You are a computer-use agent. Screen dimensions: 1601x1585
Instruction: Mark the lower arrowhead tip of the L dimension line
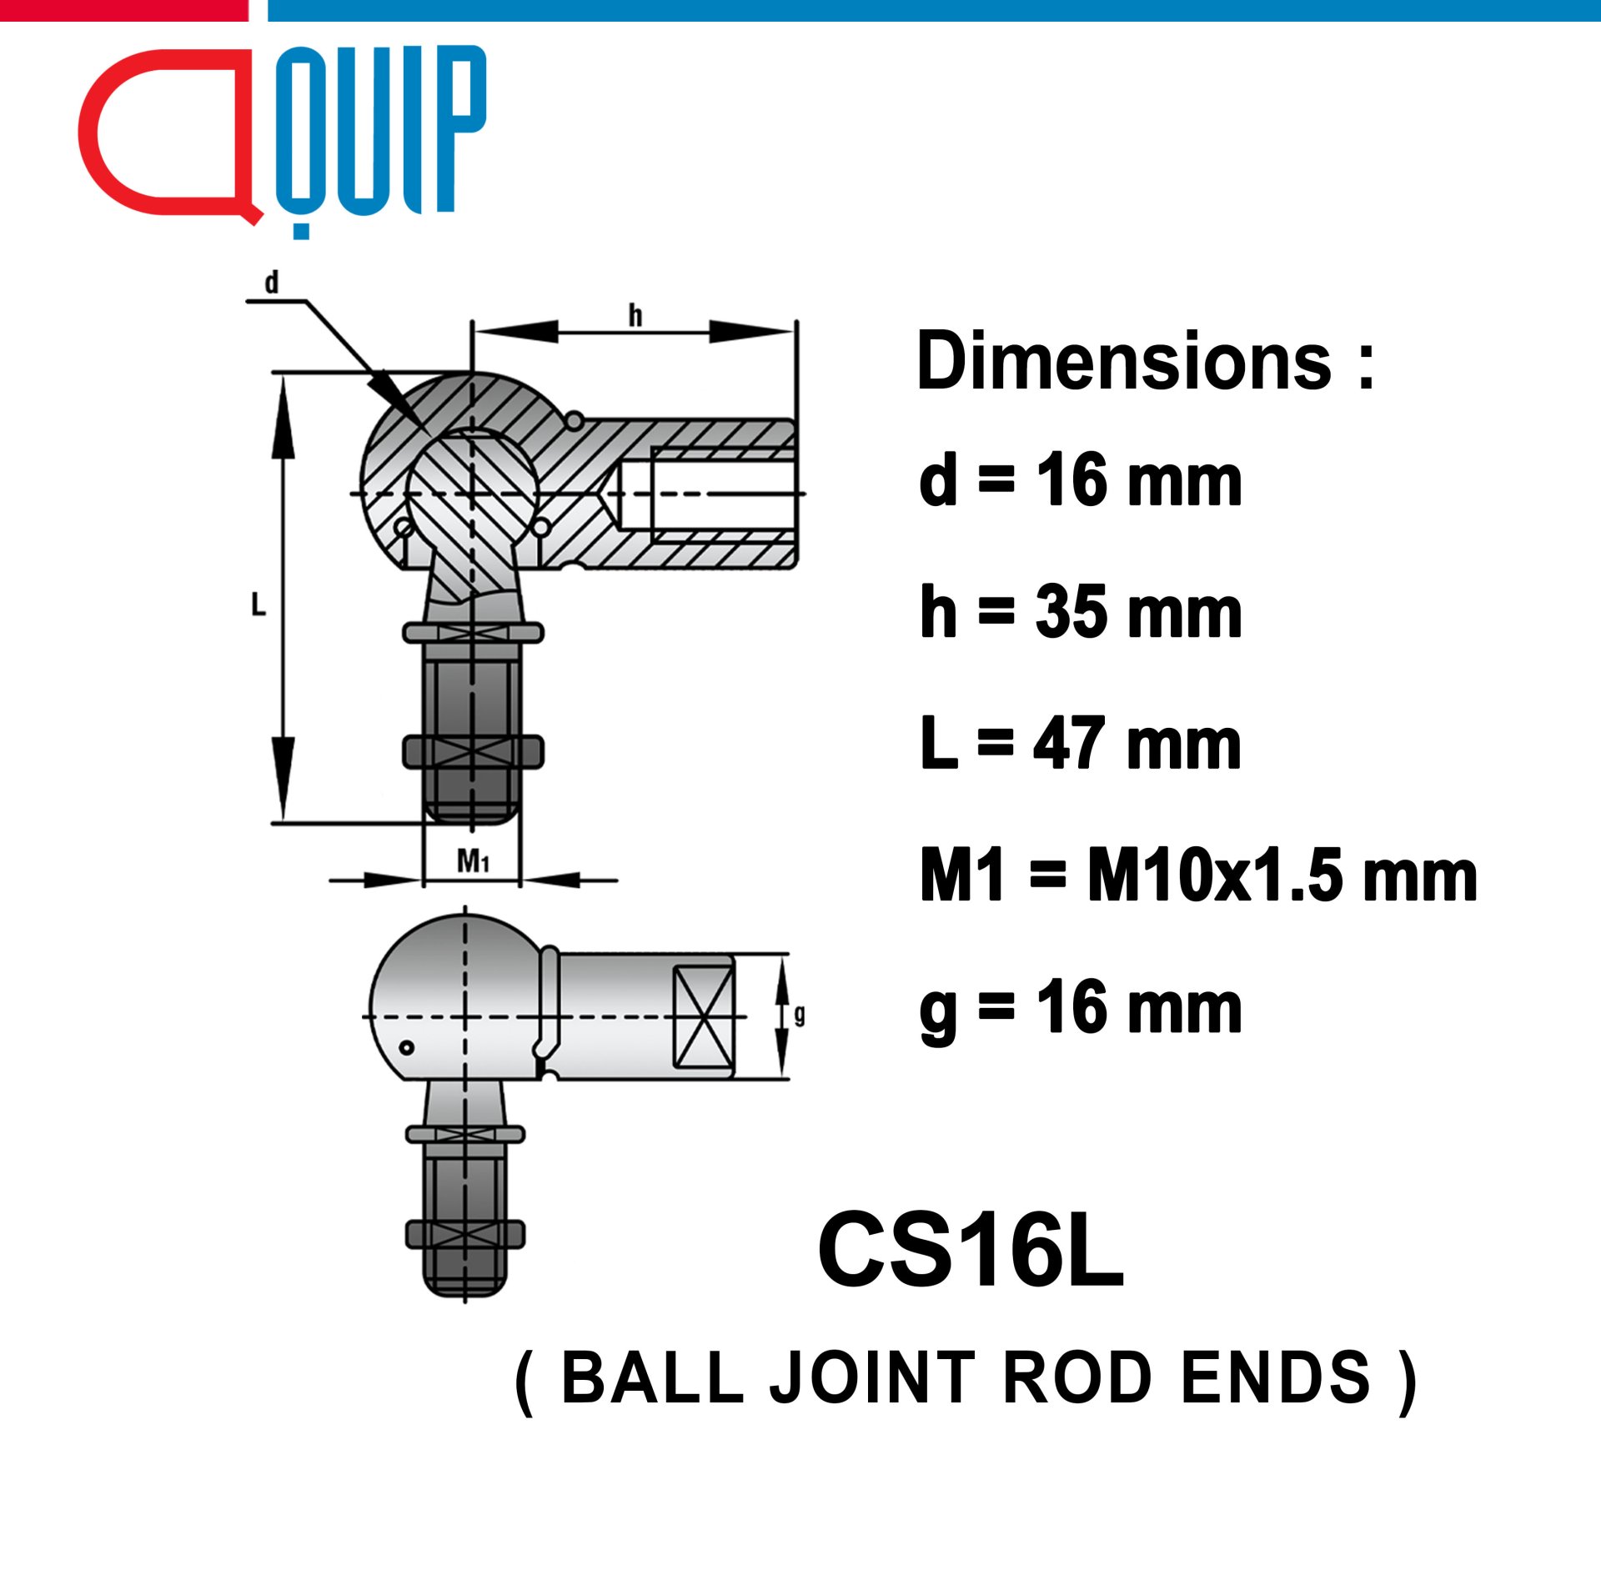tap(284, 821)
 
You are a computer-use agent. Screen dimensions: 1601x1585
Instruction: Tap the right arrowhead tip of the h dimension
tap(794, 332)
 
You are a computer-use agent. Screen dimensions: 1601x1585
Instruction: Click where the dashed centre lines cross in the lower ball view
tap(465, 1017)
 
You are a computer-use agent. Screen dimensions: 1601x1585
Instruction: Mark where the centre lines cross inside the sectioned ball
tap(472, 494)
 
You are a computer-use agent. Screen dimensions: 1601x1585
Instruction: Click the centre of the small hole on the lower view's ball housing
tap(406, 1047)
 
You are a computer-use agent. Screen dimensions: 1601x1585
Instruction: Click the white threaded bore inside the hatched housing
tap(722, 493)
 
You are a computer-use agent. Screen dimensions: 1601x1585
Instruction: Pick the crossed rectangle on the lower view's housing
tap(703, 1016)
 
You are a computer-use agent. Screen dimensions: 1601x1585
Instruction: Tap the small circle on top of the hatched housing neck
tap(575, 421)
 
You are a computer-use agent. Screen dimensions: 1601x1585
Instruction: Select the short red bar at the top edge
tap(123, 10)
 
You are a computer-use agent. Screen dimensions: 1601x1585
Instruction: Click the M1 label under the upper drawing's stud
tap(473, 860)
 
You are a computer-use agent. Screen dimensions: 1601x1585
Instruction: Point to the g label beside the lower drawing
tap(800, 1015)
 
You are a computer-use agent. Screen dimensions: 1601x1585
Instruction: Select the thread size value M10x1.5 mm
tap(1282, 875)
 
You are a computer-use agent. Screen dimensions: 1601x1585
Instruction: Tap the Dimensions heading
tap(1146, 360)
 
